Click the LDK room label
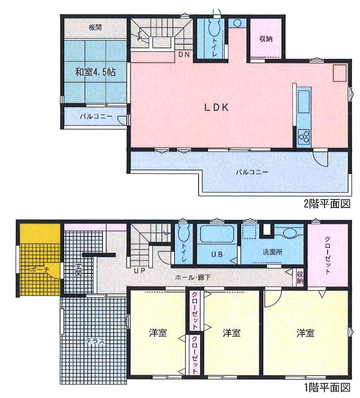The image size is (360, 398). pyautogui.click(x=216, y=107)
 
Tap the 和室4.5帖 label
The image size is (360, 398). pyautogui.click(x=95, y=72)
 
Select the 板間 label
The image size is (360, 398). pyautogui.click(x=95, y=27)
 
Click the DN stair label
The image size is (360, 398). pyautogui.click(x=184, y=54)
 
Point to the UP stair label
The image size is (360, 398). pyautogui.click(x=139, y=271)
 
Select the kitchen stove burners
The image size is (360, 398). pyautogui.click(x=304, y=135)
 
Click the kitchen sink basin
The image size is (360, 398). pyautogui.click(x=304, y=102)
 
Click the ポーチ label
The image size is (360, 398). pyautogui.click(x=39, y=269)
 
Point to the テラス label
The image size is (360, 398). pyautogui.click(x=95, y=341)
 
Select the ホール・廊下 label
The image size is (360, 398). pyautogui.click(x=193, y=277)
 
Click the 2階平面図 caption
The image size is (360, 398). pyautogui.click(x=327, y=204)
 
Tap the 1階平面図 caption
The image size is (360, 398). pyautogui.click(x=327, y=387)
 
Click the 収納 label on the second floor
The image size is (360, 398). pyautogui.click(x=265, y=39)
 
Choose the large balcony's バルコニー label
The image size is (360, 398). pyautogui.click(x=252, y=173)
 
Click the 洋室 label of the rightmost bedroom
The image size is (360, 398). pyautogui.click(x=305, y=333)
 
